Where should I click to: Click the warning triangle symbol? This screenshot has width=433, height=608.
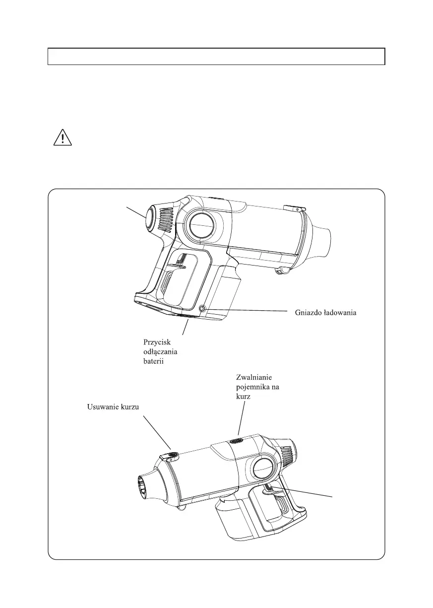pos(62,137)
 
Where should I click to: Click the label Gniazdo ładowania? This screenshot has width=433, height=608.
pos(325,313)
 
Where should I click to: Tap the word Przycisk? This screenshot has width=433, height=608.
pos(157,342)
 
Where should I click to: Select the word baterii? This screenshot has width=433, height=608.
pos(153,361)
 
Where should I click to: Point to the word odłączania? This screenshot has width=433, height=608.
pos(160,352)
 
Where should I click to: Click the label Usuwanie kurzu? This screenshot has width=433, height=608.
pos(113,407)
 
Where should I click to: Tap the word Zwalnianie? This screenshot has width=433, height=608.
pos(254,377)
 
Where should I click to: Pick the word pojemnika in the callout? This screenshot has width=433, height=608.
pos(251,387)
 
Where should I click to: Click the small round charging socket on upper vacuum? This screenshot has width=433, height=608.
pos(202,309)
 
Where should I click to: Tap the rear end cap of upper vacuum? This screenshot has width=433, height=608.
pos(150,219)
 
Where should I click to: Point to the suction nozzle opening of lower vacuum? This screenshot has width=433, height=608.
pos(143,487)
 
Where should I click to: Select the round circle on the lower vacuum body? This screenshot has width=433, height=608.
pos(262,470)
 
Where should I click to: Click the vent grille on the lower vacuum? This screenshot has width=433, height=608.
pos(289,456)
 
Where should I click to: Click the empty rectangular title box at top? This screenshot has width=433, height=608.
pos(216,57)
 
